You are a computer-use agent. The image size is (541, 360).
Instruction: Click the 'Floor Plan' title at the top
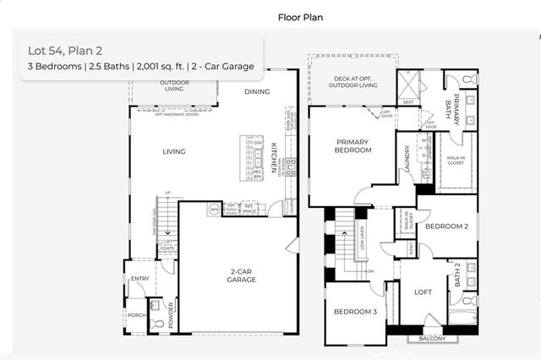[x=299, y=16]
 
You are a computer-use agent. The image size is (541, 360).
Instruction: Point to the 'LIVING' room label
[x=174, y=152]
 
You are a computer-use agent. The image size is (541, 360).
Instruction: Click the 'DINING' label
[x=257, y=91]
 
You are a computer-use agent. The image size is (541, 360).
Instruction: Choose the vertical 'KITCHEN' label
[x=274, y=158]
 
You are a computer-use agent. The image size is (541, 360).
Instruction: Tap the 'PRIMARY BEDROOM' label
[x=353, y=146]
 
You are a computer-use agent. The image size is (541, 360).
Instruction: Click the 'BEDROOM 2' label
[x=445, y=226]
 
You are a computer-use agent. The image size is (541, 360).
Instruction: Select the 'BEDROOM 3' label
[x=354, y=313]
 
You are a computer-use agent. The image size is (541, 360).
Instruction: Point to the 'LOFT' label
[x=424, y=292]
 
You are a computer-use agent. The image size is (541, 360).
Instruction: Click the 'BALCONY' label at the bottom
[x=433, y=339]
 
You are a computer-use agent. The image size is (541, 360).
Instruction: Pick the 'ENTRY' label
[x=140, y=278]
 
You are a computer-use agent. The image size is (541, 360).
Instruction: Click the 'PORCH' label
[x=137, y=314]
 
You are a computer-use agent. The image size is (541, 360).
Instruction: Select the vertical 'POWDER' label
[x=172, y=314]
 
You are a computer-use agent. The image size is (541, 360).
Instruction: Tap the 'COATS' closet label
[x=167, y=248]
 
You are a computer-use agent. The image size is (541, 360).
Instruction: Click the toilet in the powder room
[x=156, y=323]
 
